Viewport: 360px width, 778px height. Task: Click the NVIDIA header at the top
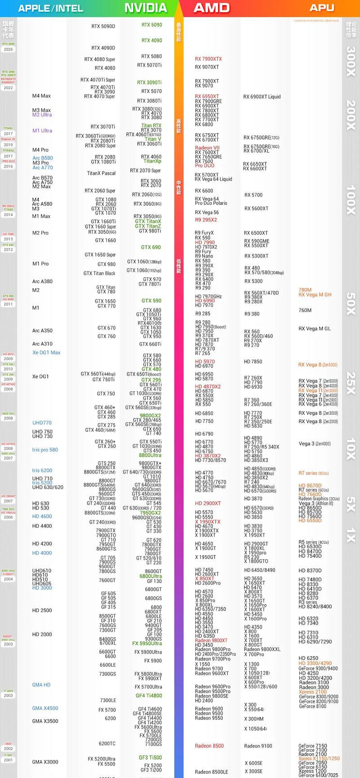(145, 8)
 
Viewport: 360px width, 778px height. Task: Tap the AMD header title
(211, 8)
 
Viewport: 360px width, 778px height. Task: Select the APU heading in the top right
(322, 8)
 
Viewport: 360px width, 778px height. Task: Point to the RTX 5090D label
(103, 27)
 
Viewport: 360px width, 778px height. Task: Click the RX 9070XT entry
(207, 67)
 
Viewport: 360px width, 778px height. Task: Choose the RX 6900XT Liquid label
(262, 97)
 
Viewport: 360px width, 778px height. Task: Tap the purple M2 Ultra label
(42, 115)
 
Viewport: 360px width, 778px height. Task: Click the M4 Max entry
(41, 96)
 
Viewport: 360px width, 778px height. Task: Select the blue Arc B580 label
(42, 158)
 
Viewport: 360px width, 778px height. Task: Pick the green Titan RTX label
(151, 126)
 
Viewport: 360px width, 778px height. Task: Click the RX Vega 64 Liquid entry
(213, 179)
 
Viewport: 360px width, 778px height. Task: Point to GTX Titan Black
(99, 273)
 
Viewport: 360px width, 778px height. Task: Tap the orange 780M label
(305, 290)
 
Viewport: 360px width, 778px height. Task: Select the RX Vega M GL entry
(315, 329)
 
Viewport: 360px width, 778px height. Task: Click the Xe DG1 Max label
(46, 353)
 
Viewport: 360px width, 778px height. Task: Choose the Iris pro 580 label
(45, 450)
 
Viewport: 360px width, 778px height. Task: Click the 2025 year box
(8, 50)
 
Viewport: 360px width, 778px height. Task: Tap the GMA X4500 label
(45, 708)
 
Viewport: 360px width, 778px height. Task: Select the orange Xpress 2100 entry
(313, 692)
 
